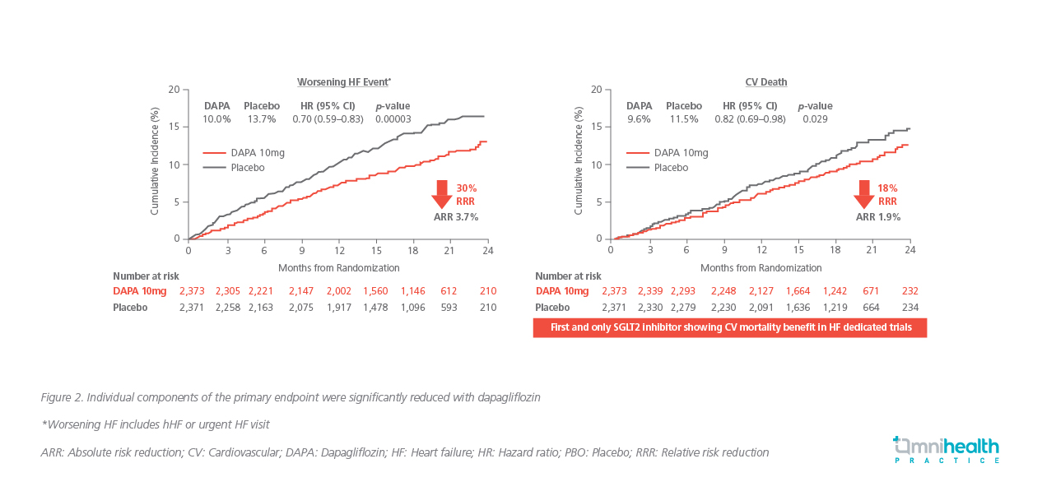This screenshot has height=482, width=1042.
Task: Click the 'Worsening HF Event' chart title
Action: click(343, 82)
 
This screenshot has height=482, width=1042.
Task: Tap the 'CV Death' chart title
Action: click(765, 82)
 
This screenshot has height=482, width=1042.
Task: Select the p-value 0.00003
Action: click(393, 119)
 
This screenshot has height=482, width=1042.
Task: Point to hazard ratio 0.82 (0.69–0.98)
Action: click(750, 119)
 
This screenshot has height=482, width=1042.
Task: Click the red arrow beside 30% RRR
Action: click(442, 195)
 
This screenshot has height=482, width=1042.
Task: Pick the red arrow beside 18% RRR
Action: click(864, 195)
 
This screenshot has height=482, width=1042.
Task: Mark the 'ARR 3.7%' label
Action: click(456, 217)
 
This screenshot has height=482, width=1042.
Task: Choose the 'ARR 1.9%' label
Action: click(878, 217)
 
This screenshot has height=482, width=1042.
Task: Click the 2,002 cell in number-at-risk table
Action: click(339, 291)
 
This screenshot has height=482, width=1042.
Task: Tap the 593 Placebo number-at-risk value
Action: click(449, 308)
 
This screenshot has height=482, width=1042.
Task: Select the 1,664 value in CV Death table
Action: click(798, 291)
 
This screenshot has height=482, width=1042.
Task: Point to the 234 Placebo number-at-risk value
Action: click(909, 308)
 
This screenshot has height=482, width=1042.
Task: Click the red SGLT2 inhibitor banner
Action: click(729, 327)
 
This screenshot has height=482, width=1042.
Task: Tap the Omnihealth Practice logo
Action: click(947, 449)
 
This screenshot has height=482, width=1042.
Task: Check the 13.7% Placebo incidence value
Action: click(261, 119)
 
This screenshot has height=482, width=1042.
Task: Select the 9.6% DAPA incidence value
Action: click(639, 119)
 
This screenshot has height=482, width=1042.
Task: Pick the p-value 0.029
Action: click(815, 119)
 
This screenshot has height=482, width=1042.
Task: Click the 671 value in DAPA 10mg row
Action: click(872, 291)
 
